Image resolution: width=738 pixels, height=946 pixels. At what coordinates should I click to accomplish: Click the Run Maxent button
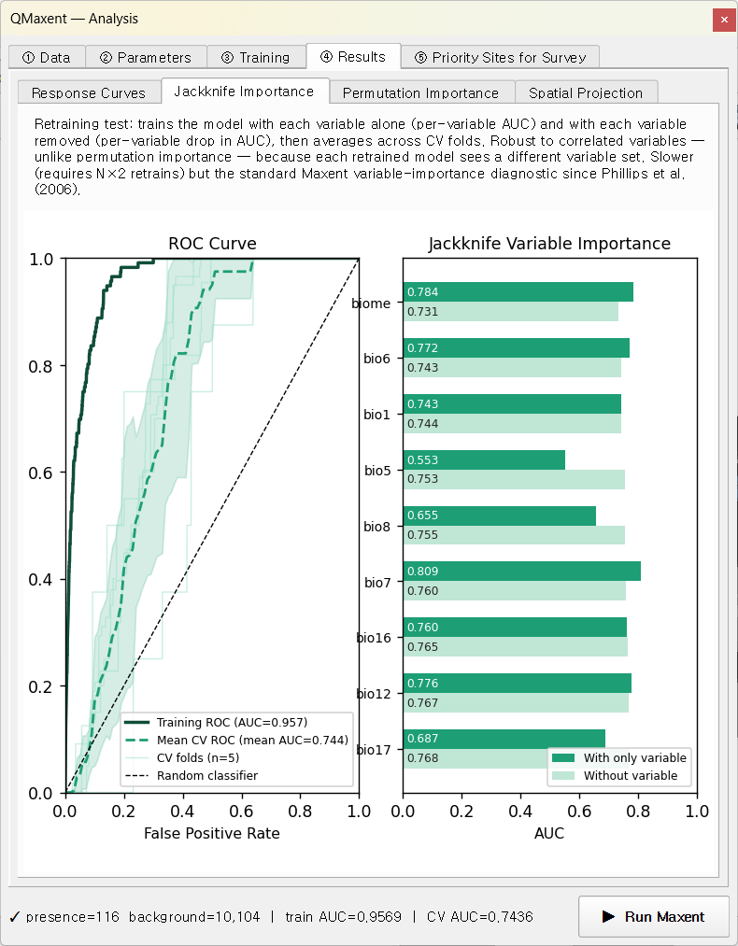[x=654, y=916]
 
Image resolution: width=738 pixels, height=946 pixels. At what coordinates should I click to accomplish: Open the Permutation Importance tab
[x=420, y=92]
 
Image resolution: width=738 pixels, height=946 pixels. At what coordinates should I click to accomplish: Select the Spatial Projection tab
[x=586, y=92]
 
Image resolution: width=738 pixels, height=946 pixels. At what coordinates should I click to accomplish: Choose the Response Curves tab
[x=89, y=92]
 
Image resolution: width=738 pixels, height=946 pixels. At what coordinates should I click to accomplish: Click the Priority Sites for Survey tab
[x=500, y=57]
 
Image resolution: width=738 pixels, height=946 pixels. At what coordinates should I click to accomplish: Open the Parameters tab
[x=146, y=57]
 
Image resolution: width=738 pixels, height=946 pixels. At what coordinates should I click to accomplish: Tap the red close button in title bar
[x=723, y=20]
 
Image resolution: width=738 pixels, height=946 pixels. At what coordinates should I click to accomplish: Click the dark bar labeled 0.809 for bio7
[x=522, y=572]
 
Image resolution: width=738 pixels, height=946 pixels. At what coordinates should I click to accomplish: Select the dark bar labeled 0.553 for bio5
[x=484, y=459]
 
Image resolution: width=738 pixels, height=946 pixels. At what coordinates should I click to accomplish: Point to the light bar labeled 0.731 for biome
[x=510, y=311]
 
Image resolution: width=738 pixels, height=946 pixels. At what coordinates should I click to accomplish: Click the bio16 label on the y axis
[x=374, y=638]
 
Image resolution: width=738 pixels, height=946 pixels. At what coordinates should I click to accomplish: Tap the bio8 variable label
[x=377, y=527]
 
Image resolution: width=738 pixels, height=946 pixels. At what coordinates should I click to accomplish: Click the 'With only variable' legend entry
[x=619, y=757]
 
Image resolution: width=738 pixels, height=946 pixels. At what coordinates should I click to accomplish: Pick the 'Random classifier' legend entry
[x=191, y=775]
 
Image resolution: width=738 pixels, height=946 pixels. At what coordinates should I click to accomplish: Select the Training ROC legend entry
[x=216, y=722]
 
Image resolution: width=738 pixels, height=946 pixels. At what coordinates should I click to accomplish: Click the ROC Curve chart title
[x=212, y=243]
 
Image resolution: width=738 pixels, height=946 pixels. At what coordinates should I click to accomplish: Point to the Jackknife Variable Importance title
[x=549, y=243]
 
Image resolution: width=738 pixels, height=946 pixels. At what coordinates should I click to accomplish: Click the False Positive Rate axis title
[x=212, y=833]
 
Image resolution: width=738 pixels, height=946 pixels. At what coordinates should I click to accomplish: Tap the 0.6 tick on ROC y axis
[x=40, y=473]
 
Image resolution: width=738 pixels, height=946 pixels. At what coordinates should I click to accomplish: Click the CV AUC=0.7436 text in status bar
[x=480, y=917]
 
